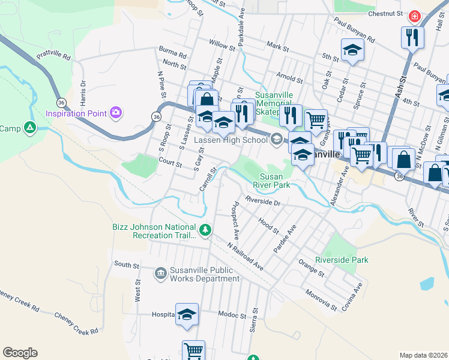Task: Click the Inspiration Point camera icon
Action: click(116, 112)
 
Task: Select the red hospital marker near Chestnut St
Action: click(414, 16)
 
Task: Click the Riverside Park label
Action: click(341, 260)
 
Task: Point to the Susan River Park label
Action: click(275, 181)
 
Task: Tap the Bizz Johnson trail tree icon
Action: click(205, 230)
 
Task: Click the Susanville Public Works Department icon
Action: click(160, 274)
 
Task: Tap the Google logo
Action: click(20, 353)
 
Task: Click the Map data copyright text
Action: click(423, 355)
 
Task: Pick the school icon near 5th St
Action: click(352, 50)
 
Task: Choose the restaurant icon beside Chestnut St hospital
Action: click(412, 37)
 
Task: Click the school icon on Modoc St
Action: click(187, 314)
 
